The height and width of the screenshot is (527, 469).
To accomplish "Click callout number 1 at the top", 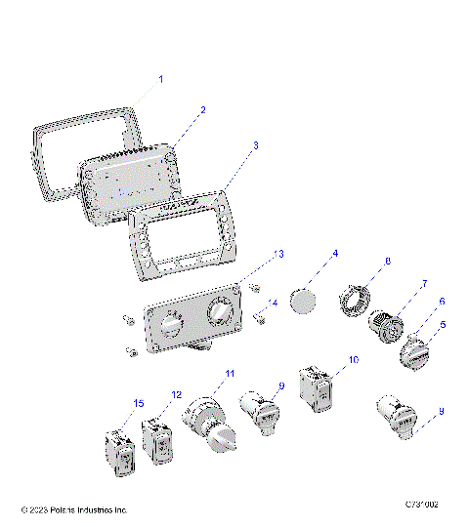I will (161, 78).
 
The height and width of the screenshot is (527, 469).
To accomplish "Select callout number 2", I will (202, 110).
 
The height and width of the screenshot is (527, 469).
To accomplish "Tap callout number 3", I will (256, 144).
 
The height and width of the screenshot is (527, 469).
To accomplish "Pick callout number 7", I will (424, 284).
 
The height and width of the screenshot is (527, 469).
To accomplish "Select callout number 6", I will (441, 304).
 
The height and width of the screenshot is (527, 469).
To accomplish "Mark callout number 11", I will (231, 374).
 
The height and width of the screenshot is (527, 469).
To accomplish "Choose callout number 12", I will (176, 394).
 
